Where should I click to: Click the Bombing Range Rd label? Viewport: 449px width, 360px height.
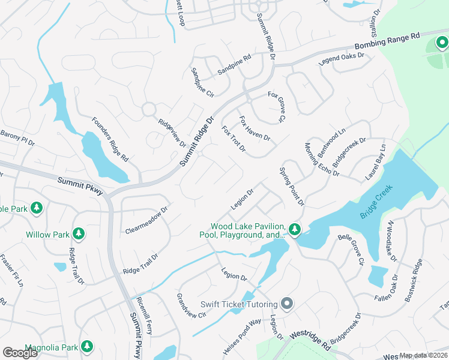point(387,43)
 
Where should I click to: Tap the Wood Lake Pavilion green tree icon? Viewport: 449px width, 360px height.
point(294,229)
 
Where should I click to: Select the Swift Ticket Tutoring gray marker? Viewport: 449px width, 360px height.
point(287,304)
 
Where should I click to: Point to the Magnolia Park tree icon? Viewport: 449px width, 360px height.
point(87,346)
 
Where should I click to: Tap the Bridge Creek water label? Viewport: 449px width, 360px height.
point(376,202)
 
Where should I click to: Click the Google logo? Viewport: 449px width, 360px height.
point(20,352)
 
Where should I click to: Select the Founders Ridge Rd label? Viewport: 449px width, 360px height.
point(110,139)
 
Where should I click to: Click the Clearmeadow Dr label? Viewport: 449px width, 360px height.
point(146,220)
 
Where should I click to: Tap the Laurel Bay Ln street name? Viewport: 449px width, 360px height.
point(376,162)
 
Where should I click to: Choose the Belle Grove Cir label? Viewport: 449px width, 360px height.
point(351,250)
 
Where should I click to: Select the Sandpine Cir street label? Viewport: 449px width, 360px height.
point(202,83)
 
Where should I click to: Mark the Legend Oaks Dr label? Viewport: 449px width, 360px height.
point(342,58)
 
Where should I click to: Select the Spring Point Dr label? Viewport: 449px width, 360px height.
point(292,187)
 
